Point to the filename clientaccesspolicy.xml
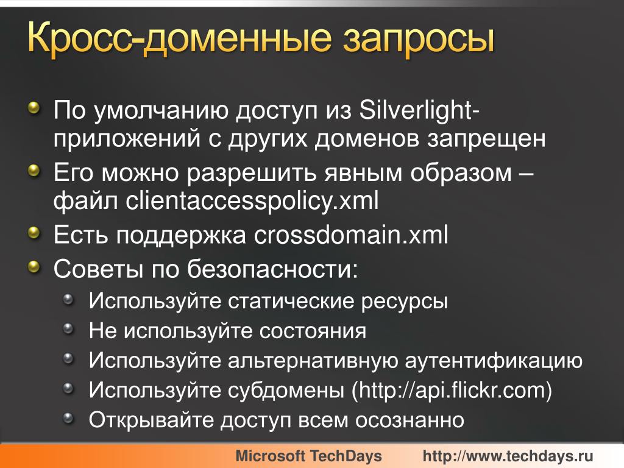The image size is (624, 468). coord(252,201)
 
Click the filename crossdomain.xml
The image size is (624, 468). coord(351,235)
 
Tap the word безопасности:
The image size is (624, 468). coord(272,269)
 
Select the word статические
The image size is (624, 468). coord(291,301)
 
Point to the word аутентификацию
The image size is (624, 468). coord(494,361)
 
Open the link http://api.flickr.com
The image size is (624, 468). coord(452,390)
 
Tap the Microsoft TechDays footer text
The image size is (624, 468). coord(308,456)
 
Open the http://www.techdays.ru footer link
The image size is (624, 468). coord(508,456)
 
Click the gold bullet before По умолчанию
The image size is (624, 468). coord(35,107)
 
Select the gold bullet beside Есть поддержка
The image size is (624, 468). coord(35,232)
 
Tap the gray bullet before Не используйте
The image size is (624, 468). coord(69,328)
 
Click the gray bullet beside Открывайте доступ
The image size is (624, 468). coord(69,418)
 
